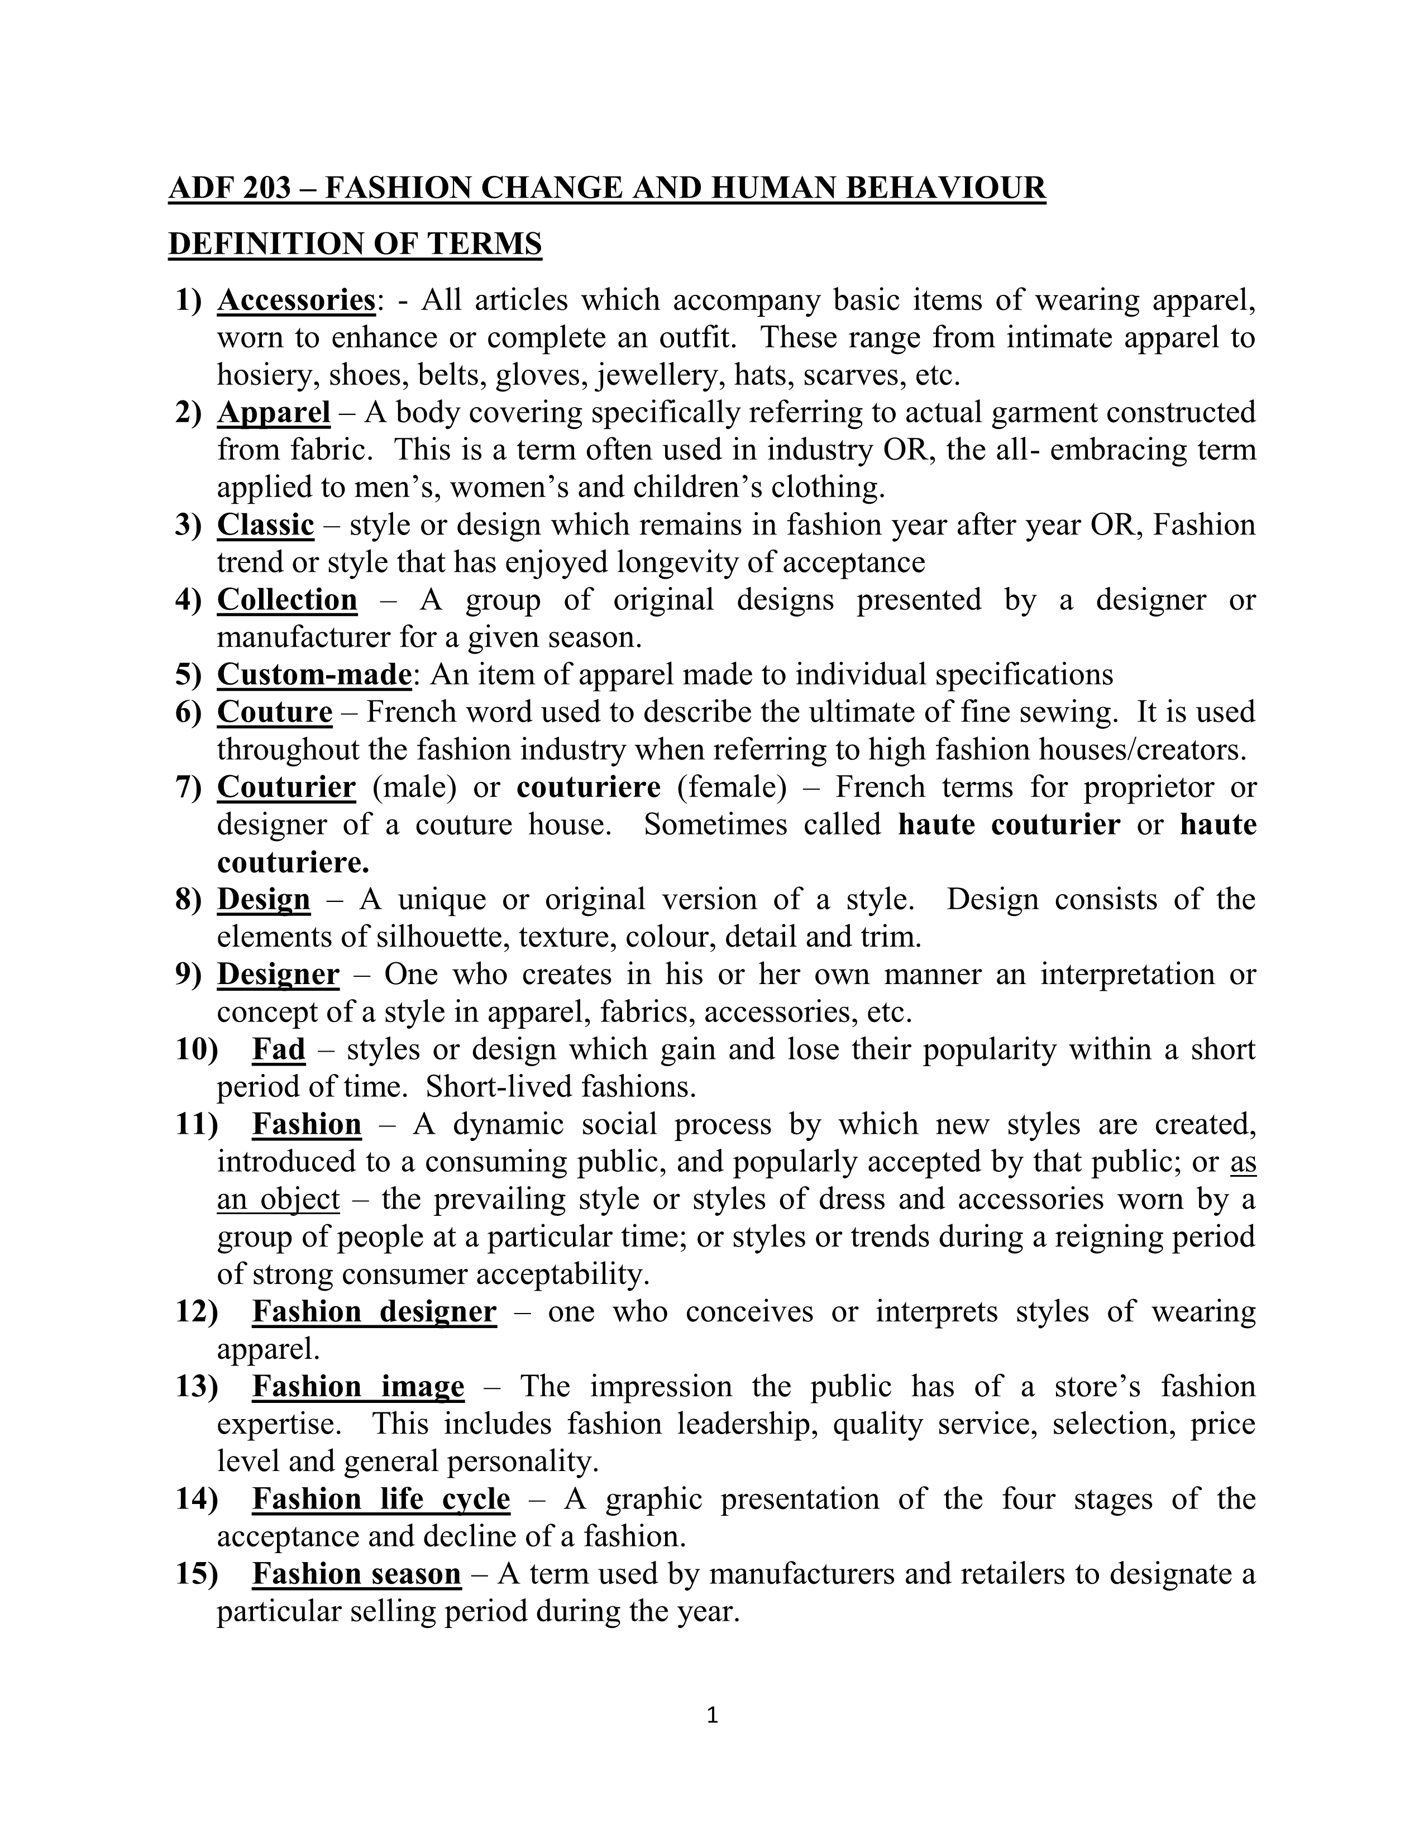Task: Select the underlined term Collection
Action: tap(287, 599)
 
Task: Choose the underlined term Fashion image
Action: tap(358, 1387)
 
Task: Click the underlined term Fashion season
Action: tap(356, 1574)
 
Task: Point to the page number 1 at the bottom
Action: tap(712, 1714)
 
